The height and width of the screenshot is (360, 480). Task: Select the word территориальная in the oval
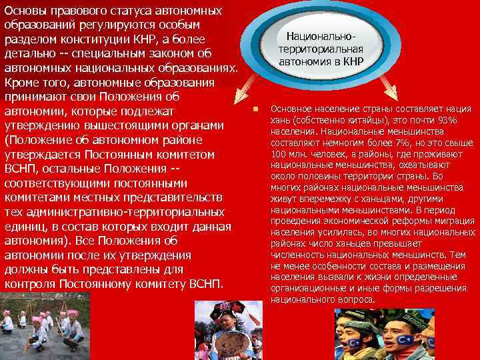pyautogui.click(x=321, y=49)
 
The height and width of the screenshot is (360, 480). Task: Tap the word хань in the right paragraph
pyautogui.click(x=281, y=120)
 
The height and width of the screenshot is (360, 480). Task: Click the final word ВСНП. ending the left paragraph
pyautogui.click(x=211, y=285)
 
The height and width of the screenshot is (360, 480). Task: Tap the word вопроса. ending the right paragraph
pyautogui.click(x=357, y=299)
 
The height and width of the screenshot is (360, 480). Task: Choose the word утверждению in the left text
pyautogui.click(x=44, y=126)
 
